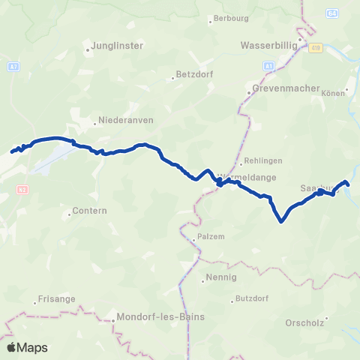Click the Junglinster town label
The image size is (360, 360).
pos(118,45)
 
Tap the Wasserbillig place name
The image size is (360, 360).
pos(269,45)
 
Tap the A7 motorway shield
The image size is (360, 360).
pos(13,66)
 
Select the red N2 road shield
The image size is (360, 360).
pos(22,190)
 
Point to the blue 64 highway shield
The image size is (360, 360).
pos(331,13)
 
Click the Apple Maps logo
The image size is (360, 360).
pos(27,347)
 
